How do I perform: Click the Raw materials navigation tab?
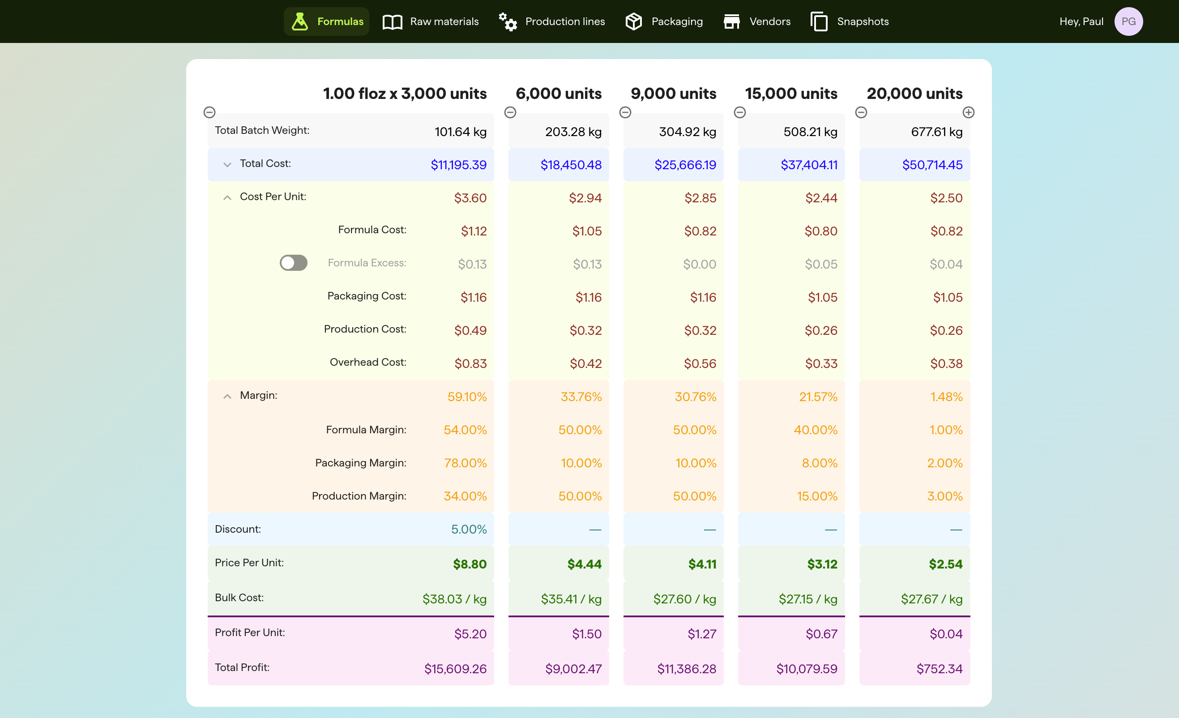tap(431, 21)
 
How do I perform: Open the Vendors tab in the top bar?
tap(757, 21)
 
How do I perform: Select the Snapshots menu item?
tap(850, 21)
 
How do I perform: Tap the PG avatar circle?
tap(1128, 21)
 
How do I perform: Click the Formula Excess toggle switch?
tap(293, 263)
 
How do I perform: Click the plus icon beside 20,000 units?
tap(969, 112)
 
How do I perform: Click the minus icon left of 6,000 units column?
tap(510, 112)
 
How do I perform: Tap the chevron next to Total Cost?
tap(227, 165)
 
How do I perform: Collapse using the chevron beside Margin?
tap(227, 396)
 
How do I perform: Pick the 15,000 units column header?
tap(791, 94)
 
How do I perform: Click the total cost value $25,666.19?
tap(685, 165)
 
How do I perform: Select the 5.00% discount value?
tap(469, 529)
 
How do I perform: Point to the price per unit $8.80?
tap(470, 564)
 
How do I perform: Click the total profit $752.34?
tap(939, 669)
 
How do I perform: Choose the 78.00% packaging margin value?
tap(465, 463)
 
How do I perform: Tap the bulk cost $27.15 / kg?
tap(807, 599)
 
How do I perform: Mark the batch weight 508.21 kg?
tap(810, 132)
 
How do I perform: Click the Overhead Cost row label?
tap(367, 362)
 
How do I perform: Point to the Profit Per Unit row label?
tap(250, 633)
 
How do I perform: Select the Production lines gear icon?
tap(508, 21)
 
